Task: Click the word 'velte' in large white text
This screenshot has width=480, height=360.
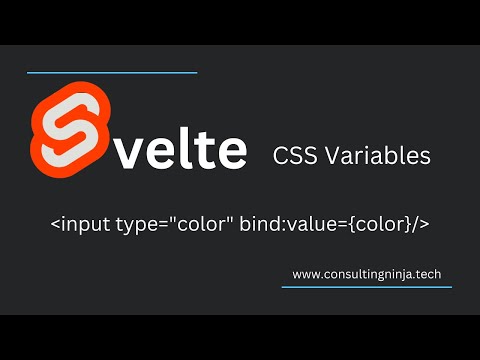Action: coord(175,150)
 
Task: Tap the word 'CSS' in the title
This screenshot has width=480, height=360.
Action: coord(295,156)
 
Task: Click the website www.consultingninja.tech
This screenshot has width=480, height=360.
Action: coord(366,272)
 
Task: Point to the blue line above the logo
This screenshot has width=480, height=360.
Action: coord(111,72)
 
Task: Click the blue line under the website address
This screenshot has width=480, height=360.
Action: coord(366,287)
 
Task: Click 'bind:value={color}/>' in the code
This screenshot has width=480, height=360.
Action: coord(335,223)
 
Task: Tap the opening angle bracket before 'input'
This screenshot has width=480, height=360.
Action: coord(54,223)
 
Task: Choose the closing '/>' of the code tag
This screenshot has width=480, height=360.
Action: coord(423,223)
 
